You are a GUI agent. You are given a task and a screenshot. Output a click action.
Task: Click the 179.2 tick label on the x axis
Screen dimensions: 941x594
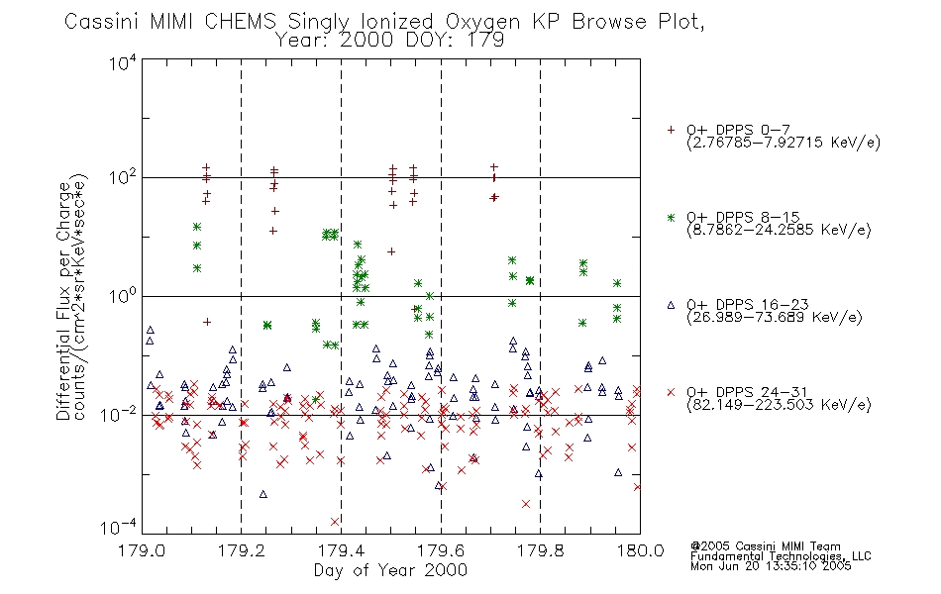coord(242,550)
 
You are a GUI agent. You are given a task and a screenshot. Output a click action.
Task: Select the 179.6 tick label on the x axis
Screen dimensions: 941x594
coord(441,550)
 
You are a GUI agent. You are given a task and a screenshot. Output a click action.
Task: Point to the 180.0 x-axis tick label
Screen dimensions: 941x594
coord(640,550)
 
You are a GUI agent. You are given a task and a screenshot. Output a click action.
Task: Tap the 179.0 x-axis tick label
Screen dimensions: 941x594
coord(142,550)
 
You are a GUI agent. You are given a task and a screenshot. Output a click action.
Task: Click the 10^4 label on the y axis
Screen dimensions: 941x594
coord(123,62)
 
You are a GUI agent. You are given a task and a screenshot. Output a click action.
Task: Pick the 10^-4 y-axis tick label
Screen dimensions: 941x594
coord(119,527)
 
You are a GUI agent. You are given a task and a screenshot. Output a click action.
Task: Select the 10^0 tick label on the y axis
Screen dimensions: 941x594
coord(123,296)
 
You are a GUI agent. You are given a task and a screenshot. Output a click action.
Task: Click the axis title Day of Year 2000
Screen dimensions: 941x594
coord(390,570)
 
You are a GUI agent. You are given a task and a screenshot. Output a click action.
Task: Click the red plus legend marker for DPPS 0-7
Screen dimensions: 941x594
coord(671,130)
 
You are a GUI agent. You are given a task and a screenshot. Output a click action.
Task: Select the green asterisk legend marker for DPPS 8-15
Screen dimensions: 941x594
coord(671,217)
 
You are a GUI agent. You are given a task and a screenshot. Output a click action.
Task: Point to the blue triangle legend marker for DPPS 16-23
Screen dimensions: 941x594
coord(671,305)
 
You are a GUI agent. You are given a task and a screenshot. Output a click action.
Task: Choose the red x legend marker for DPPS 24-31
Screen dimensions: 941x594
coord(671,392)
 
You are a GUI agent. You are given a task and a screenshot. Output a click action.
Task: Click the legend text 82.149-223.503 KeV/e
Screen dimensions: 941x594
coord(779,405)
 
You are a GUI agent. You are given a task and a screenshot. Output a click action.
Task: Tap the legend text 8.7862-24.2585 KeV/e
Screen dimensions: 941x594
coord(779,230)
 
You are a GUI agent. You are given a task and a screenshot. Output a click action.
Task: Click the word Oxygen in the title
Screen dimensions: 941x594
coord(482,22)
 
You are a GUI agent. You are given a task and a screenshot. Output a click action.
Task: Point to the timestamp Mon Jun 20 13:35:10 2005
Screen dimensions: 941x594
coord(771,566)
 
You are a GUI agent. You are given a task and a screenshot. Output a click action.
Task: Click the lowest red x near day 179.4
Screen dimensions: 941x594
coord(335,522)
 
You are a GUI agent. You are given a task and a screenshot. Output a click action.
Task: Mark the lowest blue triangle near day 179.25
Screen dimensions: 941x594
coord(262,494)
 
